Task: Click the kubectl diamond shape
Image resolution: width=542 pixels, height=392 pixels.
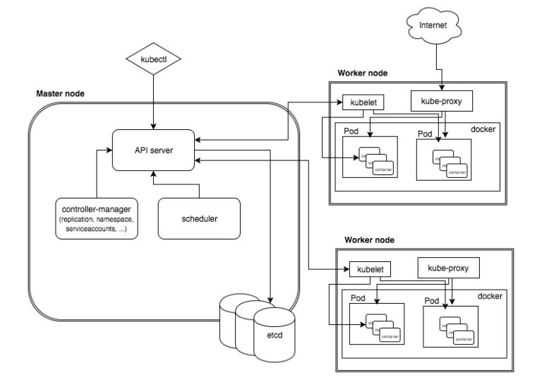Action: click(x=153, y=61)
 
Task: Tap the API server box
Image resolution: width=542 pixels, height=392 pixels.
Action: click(x=153, y=150)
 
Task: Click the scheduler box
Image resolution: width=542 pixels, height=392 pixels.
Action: click(x=199, y=218)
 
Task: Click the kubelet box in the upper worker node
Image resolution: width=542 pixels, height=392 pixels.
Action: click(x=363, y=102)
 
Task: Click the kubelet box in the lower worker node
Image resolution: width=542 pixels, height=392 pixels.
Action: click(x=369, y=270)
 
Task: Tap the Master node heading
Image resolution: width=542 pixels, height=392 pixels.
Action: click(x=61, y=94)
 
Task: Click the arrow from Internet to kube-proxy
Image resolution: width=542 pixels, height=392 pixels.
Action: click(x=442, y=67)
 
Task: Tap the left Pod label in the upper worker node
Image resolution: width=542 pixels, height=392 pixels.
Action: click(x=351, y=132)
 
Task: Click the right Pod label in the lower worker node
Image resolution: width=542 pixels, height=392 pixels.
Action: click(x=432, y=301)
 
